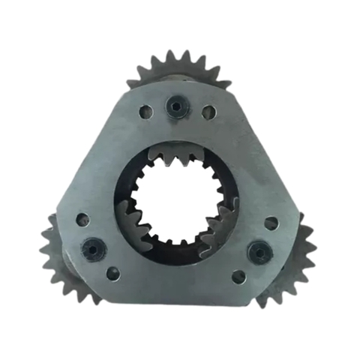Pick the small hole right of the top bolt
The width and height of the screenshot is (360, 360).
[209, 112]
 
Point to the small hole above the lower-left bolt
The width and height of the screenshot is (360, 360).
[82, 220]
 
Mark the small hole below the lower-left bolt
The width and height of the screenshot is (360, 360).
[112, 274]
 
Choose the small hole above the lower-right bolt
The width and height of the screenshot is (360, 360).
[271, 223]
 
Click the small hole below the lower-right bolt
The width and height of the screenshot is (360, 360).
[238, 277]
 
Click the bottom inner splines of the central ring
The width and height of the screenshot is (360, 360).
[178, 246]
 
